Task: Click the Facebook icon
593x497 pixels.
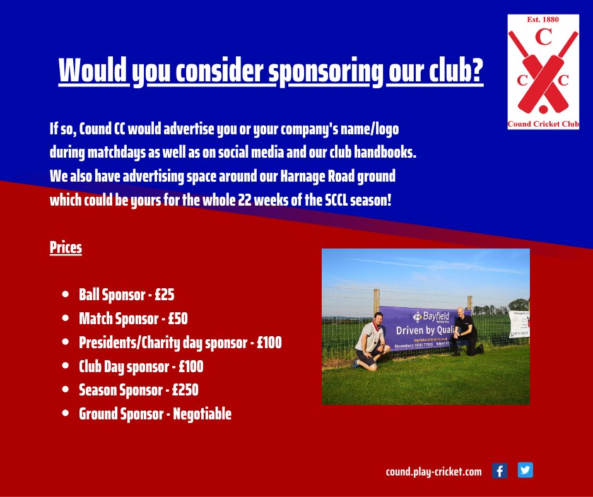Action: (x=499, y=471)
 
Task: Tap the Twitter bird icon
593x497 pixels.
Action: (x=525, y=471)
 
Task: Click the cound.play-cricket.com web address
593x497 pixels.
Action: (x=433, y=471)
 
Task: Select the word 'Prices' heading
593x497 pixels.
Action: (x=66, y=247)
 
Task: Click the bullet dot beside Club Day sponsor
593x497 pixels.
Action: (x=66, y=366)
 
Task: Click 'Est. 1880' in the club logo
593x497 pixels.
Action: (x=543, y=20)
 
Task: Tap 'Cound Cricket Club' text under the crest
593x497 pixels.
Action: (x=543, y=124)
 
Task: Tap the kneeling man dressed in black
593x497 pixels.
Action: (x=466, y=330)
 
